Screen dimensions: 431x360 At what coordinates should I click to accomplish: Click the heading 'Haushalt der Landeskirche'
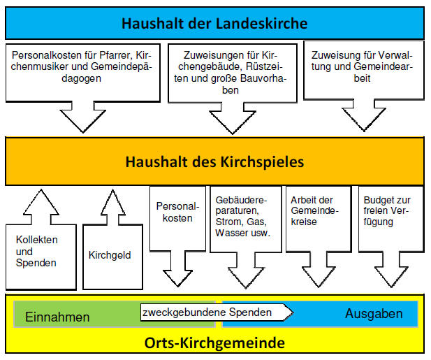click(x=214, y=23)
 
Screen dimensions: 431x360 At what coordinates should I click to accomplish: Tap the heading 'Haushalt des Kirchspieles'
click(x=214, y=161)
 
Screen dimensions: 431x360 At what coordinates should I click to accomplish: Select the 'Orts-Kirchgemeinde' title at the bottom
click(x=214, y=343)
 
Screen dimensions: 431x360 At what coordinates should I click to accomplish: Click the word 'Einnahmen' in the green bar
click(x=57, y=317)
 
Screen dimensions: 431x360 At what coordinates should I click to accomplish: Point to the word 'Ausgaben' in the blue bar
click(x=374, y=314)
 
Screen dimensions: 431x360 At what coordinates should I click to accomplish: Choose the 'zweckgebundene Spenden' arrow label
click(x=207, y=312)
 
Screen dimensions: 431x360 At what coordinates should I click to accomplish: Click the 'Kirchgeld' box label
click(x=110, y=255)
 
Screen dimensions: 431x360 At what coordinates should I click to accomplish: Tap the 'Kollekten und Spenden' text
click(x=37, y=251)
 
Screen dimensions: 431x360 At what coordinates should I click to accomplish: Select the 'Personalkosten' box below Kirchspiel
click(x=177, y=212)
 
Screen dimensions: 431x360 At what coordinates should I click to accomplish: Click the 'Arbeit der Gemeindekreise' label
click(x=314, y=210)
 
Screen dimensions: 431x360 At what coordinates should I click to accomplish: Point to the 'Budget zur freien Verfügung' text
click(x=387, y=211)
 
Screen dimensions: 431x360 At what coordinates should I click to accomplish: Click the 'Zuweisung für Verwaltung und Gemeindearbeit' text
click(x=362, y=66)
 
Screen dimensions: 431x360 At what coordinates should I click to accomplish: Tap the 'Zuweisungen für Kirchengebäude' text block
click(x=231, y=72)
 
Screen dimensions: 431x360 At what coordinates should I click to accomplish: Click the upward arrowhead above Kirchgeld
click(x=113, y=201)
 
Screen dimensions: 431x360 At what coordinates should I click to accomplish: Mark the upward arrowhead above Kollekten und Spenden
click(x=41, y=201)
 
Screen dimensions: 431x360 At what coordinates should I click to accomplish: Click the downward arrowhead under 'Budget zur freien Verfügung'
click(x=391, y=277)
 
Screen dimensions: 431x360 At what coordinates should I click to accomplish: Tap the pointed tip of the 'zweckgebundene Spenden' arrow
click(x=293, y=312)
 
